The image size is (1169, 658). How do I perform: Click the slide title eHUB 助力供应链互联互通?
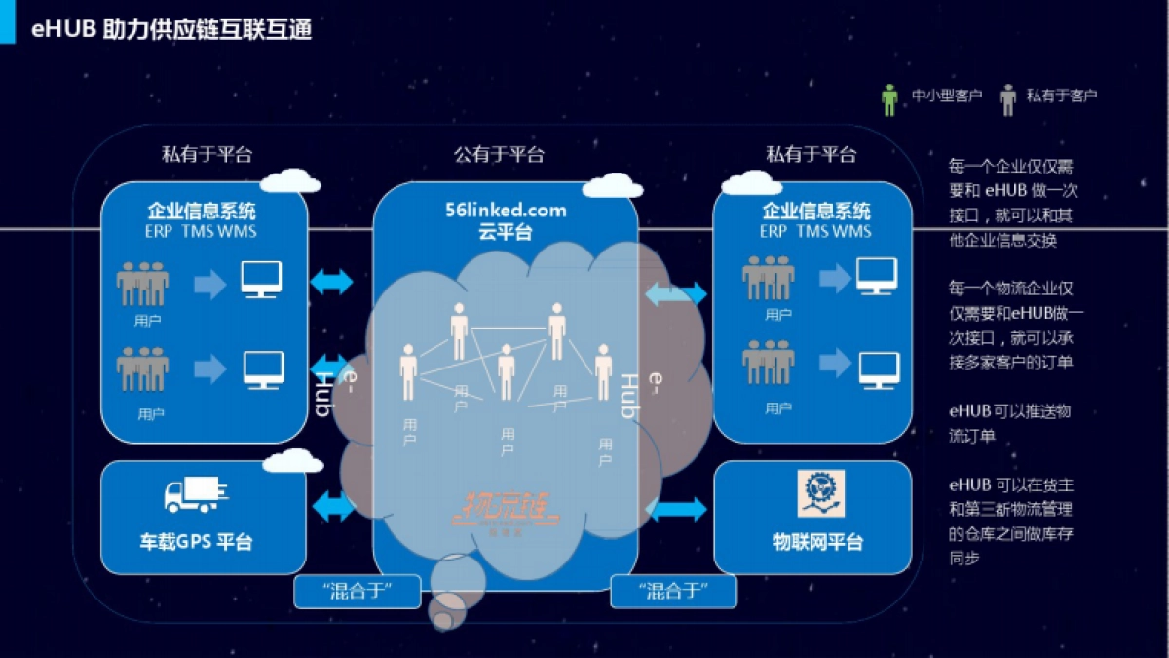point(171,29)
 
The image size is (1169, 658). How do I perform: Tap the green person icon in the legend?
point(889,98)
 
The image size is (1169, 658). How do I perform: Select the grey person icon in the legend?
point(1007,98)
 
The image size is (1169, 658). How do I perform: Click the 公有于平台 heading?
point(499,154)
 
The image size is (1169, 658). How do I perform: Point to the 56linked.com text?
point(505,210)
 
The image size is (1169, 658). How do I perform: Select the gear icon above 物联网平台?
point(820,493)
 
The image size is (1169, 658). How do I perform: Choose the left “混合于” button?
point(358,591)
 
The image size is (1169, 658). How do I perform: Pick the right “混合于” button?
point(673,591)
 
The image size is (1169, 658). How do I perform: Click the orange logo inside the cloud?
point(506,510)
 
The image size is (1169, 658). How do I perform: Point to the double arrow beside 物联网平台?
point(676,509)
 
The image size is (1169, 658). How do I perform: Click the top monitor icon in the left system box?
point(261,280)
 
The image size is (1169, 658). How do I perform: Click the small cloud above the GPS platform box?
point(292,461)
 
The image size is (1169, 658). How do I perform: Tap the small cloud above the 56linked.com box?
point(612,184)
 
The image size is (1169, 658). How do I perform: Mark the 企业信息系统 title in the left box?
point(202,210)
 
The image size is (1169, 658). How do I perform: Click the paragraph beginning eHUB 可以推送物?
point(1009,423)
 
